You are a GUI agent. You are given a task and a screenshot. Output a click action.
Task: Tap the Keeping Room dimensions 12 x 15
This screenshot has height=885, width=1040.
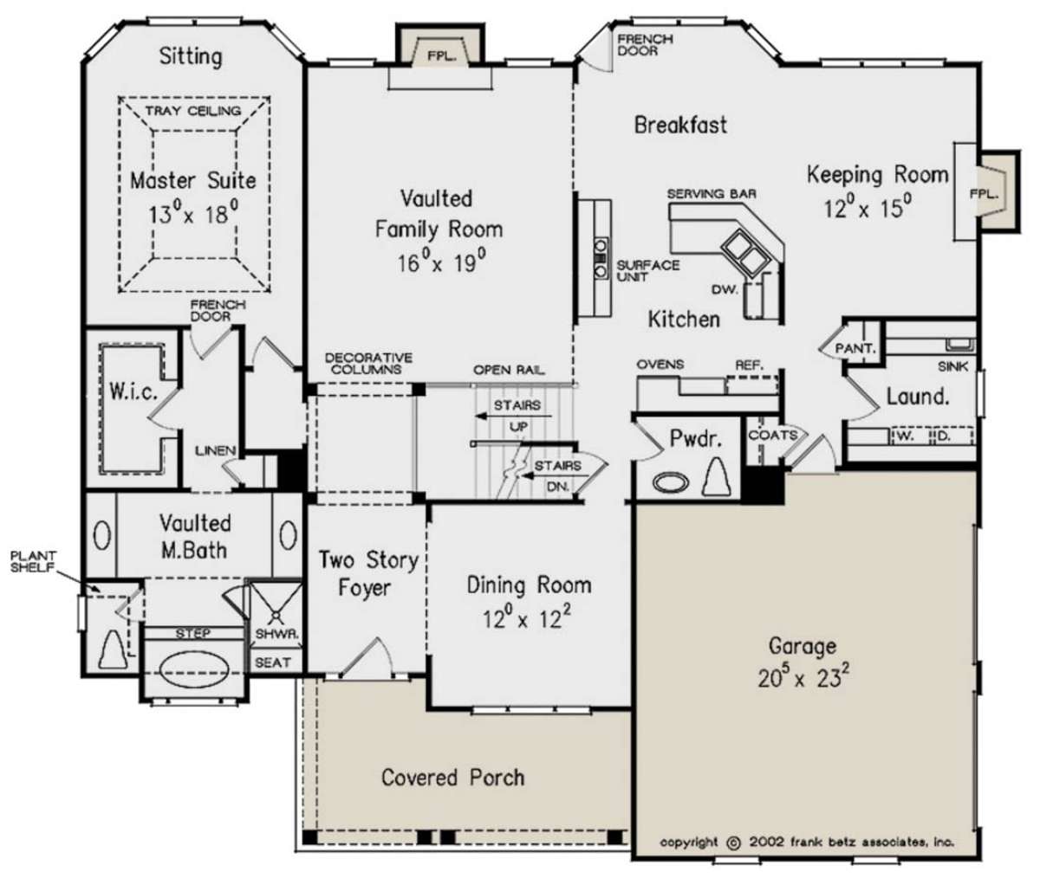click(868, 208)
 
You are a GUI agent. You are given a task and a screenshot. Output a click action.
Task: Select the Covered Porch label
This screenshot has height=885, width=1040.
click(452, 778)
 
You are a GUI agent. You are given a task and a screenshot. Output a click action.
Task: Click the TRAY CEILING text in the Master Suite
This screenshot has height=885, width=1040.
click(194, 111)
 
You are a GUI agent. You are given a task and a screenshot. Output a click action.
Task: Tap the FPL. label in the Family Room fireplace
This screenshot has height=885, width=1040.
click(441, 55)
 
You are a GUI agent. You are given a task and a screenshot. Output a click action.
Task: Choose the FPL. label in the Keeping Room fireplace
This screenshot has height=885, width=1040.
click(984, 194)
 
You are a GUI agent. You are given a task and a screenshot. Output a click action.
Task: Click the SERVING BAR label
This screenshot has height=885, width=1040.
click(712, 194)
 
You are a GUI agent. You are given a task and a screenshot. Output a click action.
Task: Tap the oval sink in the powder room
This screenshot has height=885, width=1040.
click(671, 482)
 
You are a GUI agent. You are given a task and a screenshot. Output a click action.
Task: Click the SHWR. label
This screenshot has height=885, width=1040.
click(277, 634)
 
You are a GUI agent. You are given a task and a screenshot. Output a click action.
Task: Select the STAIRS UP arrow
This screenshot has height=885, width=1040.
click(514, 416)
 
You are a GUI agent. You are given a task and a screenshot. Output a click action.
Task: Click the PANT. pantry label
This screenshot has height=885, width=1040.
click(855, 348)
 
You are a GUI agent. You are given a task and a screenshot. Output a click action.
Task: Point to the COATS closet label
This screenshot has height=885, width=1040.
click(773, 435)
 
